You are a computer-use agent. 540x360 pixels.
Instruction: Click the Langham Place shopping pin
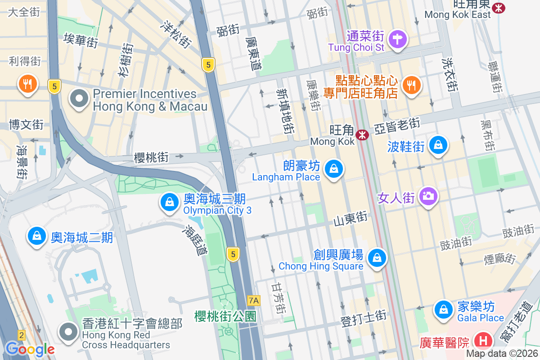(333, 170)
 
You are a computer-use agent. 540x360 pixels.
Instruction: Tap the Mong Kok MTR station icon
(362, 135)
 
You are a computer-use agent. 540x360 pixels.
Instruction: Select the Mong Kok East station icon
(498, 8)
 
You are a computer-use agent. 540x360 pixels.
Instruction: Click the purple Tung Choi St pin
(397, 39)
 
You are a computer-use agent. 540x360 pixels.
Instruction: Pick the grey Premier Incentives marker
(80, 99)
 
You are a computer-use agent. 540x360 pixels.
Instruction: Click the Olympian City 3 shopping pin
(169, 202)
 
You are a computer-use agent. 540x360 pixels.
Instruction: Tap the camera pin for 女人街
(428, 196)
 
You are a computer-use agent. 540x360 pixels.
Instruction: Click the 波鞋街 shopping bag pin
(438, 145)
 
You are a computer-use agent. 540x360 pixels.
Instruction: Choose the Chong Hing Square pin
(377, 258)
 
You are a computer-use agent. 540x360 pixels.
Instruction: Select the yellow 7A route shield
(254, 300)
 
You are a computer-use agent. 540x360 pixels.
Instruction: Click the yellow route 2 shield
(21, 335)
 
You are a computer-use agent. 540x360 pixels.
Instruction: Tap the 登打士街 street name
(363, 317)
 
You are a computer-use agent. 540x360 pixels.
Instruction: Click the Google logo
(30, 349)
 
